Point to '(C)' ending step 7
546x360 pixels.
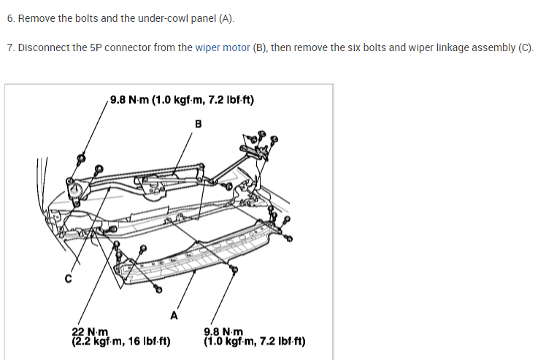click(x=526, y=48)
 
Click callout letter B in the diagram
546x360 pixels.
click(x=197, y=123)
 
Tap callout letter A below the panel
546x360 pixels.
click(x=173, y=315)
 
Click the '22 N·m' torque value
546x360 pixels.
click(x=90, y=332)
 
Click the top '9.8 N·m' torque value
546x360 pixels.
click(x=129, y=100)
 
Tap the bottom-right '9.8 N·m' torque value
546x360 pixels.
click(x=223, y=332)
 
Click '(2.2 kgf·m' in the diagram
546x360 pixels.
click(x=97, y=340)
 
